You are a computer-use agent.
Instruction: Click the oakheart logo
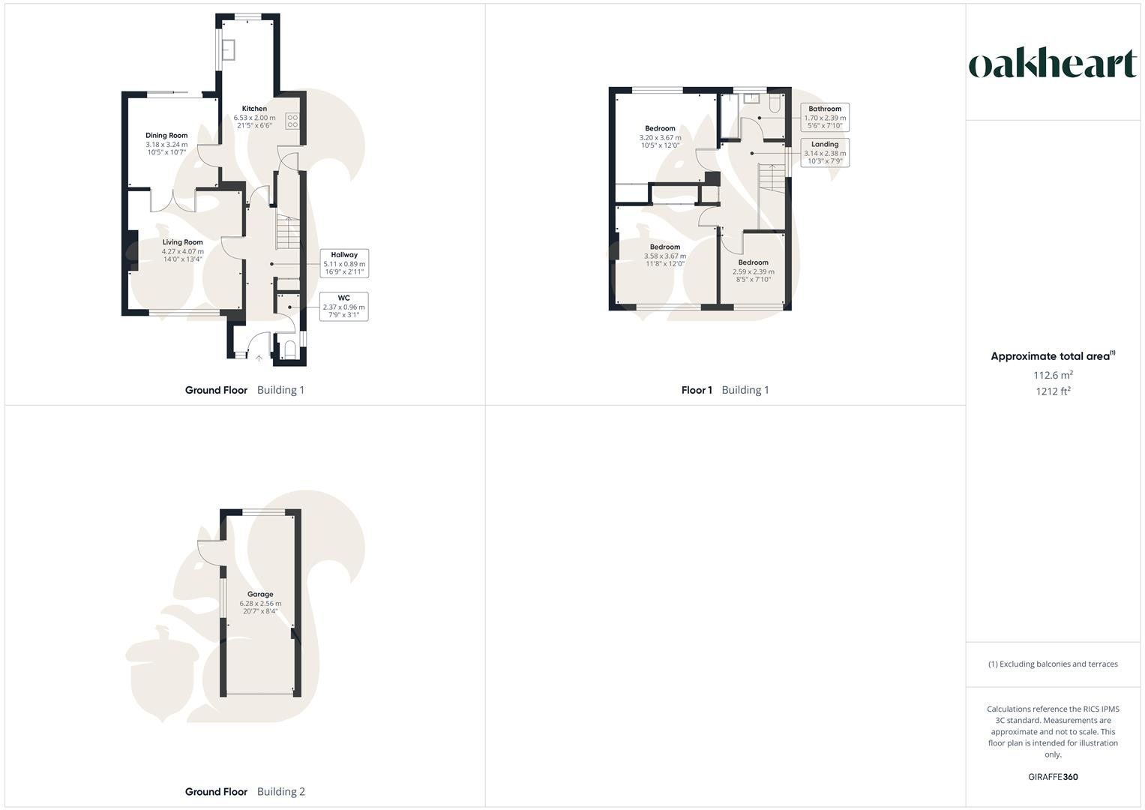[1052, 64]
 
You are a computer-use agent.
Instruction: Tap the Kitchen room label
[254, 109]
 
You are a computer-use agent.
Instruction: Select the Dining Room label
[166, 136]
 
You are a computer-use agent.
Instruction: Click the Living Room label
[183, 242]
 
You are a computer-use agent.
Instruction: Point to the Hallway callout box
[344, 263]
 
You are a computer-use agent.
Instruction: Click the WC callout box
[343, 307]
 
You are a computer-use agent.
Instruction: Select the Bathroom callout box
[825, 117]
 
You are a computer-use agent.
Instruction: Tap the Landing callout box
[825, 152]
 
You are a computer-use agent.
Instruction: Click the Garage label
[260, 594]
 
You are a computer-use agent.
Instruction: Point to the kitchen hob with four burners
[292, 121]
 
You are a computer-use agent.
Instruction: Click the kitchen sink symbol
[228, 48]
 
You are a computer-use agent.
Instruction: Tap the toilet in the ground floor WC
[289, 349]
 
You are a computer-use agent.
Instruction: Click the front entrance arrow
[259, 358]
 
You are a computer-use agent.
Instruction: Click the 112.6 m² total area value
[1053, 375]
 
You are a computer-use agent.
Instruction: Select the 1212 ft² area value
[1053, 391]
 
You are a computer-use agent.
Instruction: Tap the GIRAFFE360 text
[1053, 777]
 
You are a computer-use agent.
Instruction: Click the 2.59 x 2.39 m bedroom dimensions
[753, 271]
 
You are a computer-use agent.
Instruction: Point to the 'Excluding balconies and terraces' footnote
[1053, 664]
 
